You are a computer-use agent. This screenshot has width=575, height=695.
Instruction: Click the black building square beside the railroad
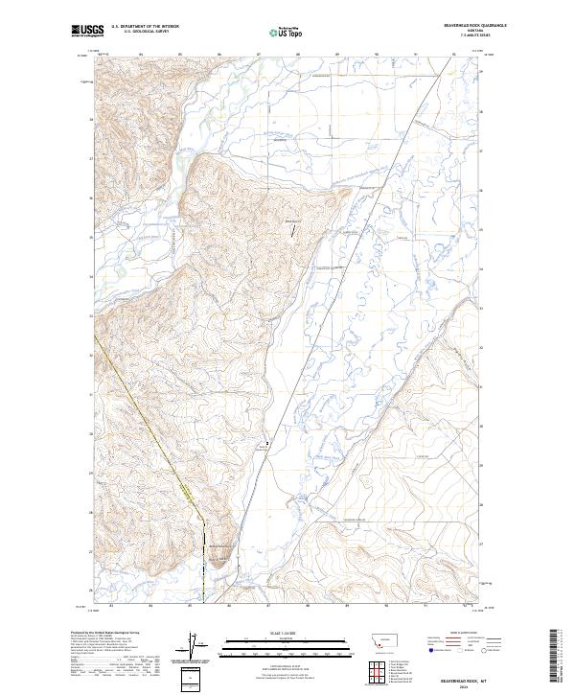(267, 442)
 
